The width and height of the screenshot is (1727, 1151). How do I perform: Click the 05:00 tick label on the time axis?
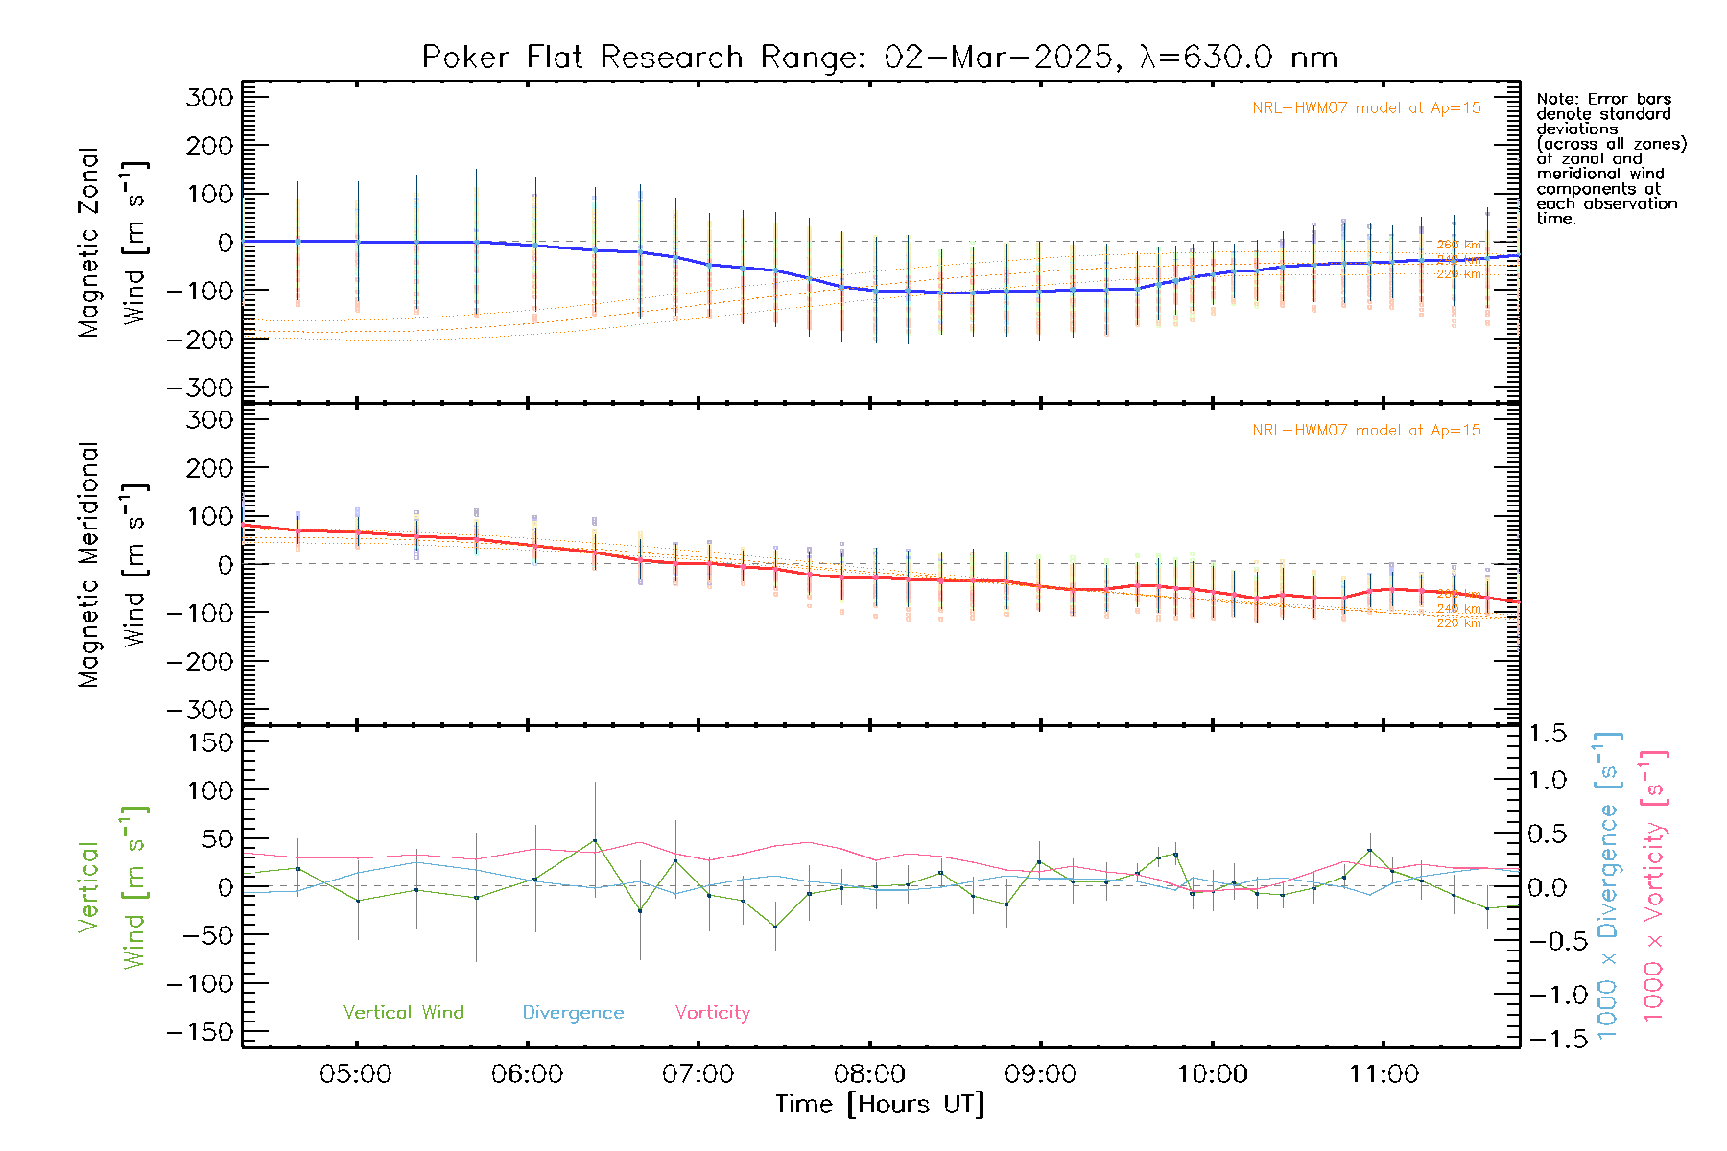point(355,1074)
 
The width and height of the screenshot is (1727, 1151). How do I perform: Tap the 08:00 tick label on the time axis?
point(869,1074)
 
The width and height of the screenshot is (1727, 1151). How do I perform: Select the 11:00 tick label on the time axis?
point(1384,1074)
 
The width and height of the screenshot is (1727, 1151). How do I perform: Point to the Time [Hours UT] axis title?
point(880,1105)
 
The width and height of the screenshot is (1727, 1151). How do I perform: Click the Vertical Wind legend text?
point(403,1013)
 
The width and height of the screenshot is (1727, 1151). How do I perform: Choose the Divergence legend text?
point(573,1013)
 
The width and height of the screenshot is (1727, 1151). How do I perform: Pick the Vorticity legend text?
point(712,1013)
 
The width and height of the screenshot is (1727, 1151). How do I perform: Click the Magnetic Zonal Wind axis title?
point(112,242)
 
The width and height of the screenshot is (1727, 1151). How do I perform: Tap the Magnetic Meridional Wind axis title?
point(112,565)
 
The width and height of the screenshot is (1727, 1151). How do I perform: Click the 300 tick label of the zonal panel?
point(209,97)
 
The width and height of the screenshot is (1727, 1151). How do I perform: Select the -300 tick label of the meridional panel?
point(200,710)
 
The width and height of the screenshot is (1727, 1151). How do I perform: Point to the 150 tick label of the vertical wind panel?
point(209,742)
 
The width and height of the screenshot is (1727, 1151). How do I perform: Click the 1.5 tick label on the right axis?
point(1547,734)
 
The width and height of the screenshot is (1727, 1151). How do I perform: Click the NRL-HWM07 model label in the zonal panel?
point(1366,108)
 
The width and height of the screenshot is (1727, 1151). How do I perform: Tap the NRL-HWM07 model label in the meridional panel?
point(1366,431)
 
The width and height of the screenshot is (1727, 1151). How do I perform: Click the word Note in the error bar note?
point(1556,99)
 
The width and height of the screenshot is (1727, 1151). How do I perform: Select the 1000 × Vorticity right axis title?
point(1653,885)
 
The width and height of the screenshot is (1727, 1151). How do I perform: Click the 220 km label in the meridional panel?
point(1458,623)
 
